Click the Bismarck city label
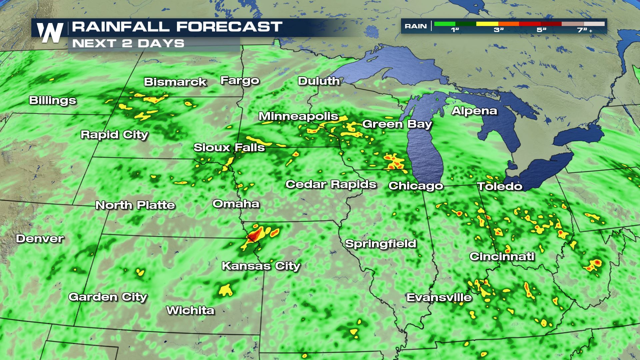[175, 82]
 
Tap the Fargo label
[240, 81]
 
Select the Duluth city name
[319, 81]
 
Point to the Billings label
[53, 100]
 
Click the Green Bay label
[397, 124]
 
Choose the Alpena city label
[474, 111]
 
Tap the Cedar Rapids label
[331, 184]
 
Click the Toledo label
[500, 186]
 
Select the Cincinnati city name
[502, 256]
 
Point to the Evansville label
[439, 297]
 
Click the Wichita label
[190, 310]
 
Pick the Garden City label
[108, 297]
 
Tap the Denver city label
[40, 239]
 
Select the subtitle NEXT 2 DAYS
[128, 44]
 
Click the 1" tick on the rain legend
[455, 30]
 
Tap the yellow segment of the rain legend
[487, 24]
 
